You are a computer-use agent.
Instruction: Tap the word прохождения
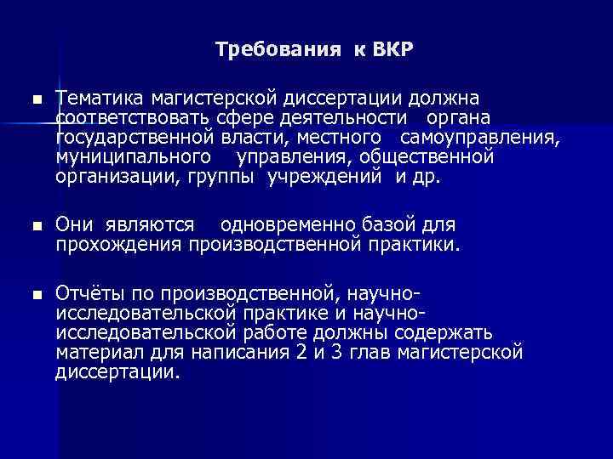click(x=117, y=245)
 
